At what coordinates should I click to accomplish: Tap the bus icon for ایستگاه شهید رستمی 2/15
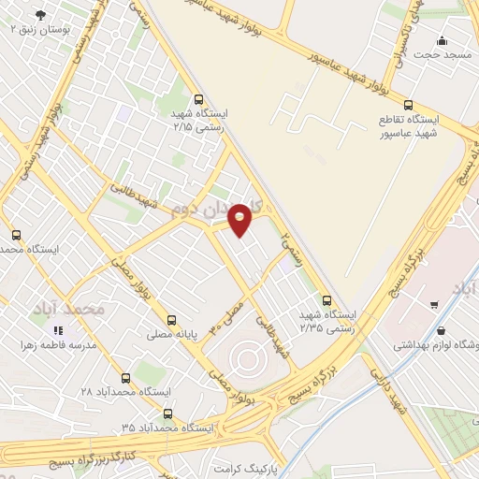(x=197, y=99)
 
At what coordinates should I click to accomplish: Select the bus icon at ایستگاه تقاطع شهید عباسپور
(x=408, y=105)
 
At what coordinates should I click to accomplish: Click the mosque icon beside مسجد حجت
(x=443, y=40)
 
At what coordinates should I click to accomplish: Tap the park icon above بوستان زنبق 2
(x=40, y=15)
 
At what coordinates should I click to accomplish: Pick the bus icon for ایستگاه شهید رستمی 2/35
(x=327, y=300)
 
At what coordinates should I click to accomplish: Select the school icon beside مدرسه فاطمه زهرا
(x=57, y=330)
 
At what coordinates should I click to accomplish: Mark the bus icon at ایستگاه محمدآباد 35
(x=167, y=413)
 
